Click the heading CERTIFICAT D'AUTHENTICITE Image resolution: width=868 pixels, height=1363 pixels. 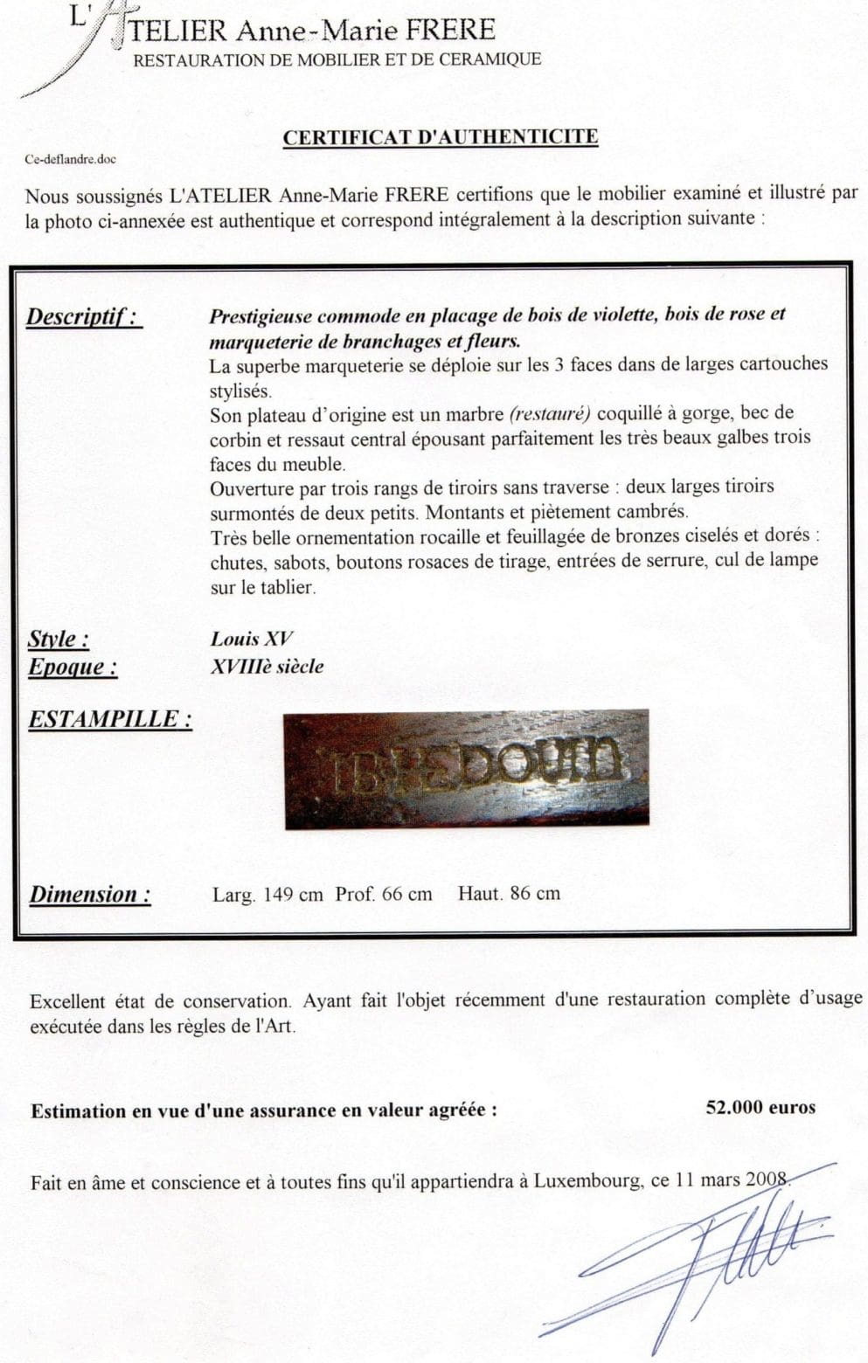point(441,137)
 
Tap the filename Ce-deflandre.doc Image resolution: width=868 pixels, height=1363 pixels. point(71,160)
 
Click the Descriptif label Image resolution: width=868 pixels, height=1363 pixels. point(84,315)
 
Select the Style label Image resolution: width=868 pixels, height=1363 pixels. point(59,639)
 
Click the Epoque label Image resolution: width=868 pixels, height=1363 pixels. point(73,667)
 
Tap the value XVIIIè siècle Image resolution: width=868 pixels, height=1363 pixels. point(267,667)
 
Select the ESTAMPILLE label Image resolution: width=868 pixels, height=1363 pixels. point(110,719)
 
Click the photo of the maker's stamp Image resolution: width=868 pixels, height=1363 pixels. point(466,769)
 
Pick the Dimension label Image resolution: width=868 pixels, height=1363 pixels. point(90,895)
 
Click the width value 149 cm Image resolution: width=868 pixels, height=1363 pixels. point(291,895)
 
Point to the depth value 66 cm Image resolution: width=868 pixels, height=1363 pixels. point(406,895)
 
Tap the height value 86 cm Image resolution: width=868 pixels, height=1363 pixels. point(535,893)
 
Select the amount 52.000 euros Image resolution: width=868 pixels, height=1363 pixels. point(760,1108)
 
